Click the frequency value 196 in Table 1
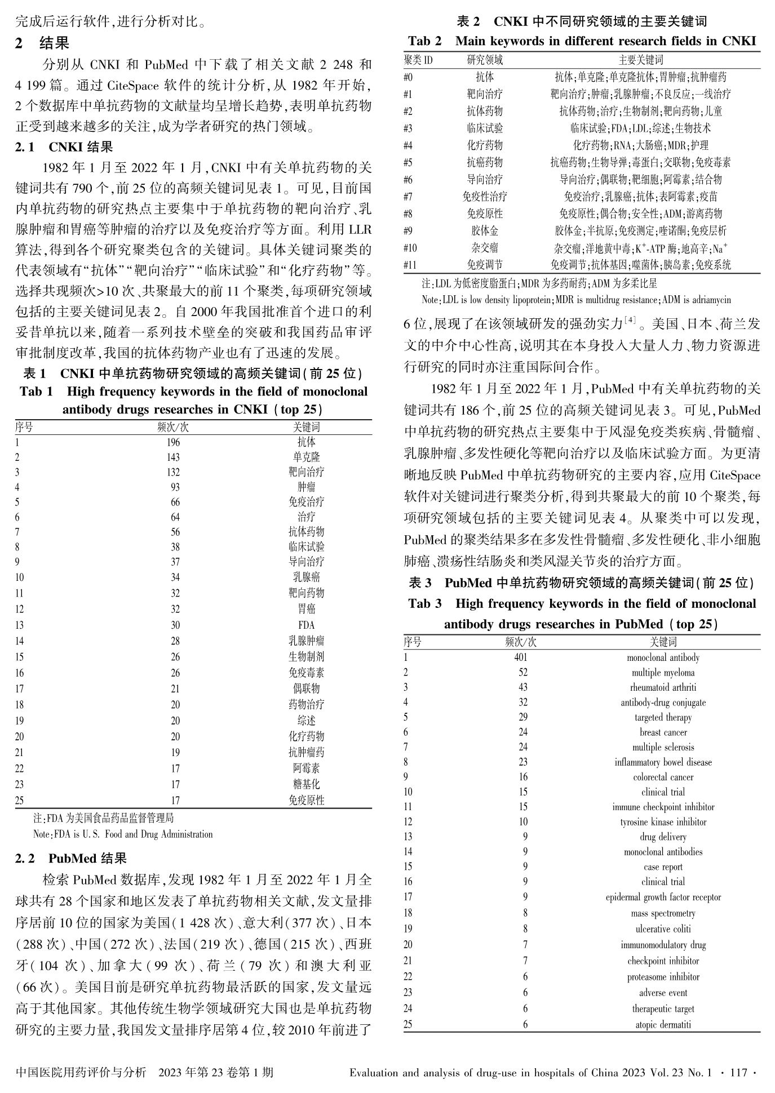tap(173, 442)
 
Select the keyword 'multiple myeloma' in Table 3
tap(663, 673)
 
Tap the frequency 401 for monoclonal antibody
tap(521, 657)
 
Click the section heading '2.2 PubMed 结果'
tap(71, 859)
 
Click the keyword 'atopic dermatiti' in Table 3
tap(663, 1024)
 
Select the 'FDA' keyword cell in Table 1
tap(306, 625)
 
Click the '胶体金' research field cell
tap(485, 231)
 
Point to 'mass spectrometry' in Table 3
tap(663, 913)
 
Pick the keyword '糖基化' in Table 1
tap(306, 784)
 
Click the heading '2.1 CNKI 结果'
tap(64, 148)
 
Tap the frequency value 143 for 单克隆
tap(173, 457)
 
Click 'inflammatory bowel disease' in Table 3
tap(663, 762)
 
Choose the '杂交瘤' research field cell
tap(485, 248)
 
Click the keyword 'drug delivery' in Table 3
tap(663, 837)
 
